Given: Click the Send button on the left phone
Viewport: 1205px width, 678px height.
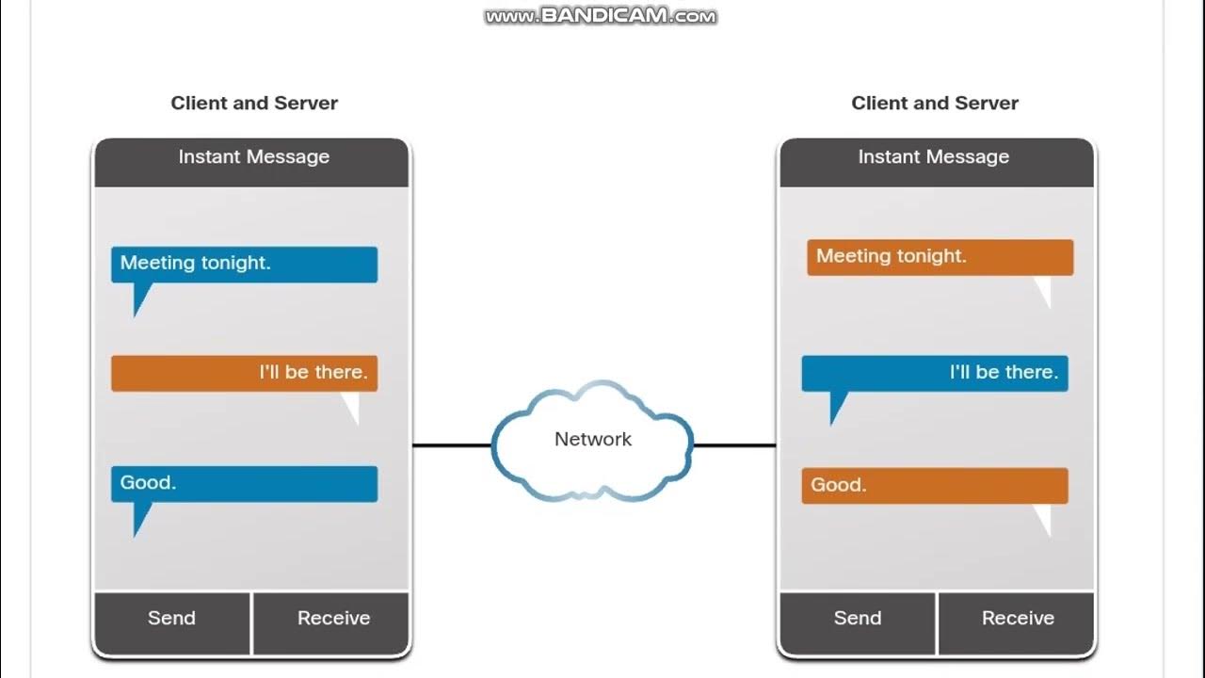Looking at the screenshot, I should pyautogui.click(x=171, y=619).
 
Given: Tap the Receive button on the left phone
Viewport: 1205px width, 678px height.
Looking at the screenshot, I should pyautogui.click(x=333, y=619).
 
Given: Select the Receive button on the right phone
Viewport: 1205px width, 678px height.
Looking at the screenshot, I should pyautogui.click(x=1018, y=619).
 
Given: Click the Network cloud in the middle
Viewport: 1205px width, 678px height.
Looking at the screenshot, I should pyautogui.click(x=593, y=440).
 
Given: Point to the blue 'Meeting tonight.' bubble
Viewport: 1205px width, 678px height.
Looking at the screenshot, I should pyautogui.click(x=244, y=265).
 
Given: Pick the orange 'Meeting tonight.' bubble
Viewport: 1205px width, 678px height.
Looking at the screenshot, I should pyautogui.click(x=940, y=257).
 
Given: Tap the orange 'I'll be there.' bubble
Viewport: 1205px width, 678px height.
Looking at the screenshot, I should pyautogui.click(x=244, y=373).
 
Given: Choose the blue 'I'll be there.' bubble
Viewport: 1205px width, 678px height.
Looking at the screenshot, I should pyautogui.click(x=934, y=373).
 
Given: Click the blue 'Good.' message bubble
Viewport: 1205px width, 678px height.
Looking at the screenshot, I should pyautogui.click(x=244, y=484).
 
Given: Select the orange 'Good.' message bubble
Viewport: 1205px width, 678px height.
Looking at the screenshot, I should pyautogui.click(x=934, y=486).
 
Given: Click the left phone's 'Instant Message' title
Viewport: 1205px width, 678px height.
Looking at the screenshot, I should pyautogui.click(x=253, y=157).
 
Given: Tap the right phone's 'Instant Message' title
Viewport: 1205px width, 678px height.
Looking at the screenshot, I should pyautogui.click(x=933, y=157).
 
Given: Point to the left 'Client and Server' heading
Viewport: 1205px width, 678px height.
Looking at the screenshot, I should pyautogui.click(x=254, y=104).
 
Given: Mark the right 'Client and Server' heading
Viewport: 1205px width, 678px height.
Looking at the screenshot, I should pyautogui.click(x=935, y=104).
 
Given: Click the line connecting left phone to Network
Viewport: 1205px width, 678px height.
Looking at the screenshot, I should pyautogui.click(x=452, y=445).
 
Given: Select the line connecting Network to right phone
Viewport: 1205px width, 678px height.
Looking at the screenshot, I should pyautogui.click(x=734, y=445).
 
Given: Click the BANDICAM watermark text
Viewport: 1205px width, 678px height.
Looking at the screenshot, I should pyautogui.click(x=601, y=16).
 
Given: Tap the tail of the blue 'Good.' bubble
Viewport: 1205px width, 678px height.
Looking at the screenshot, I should pyautogui.click(x=141, y=517).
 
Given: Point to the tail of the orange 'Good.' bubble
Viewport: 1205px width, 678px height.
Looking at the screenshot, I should pyautogui.click(x=1042, y=519).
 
